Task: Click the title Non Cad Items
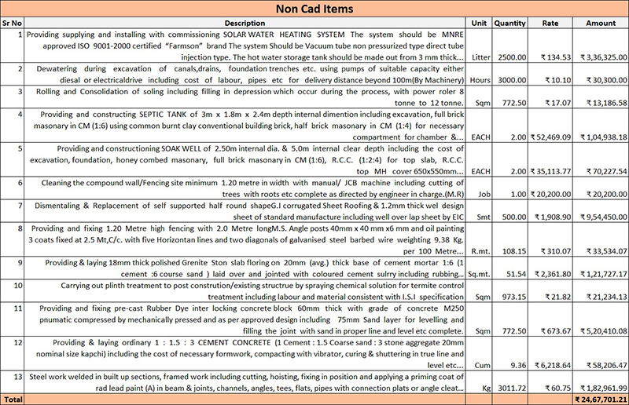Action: point(314,9)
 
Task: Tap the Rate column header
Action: point(550,24)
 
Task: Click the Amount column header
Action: point(601,24)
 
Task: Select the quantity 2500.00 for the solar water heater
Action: point(510,57)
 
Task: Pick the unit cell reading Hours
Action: point(480,80)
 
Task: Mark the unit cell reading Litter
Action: point(480,57)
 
